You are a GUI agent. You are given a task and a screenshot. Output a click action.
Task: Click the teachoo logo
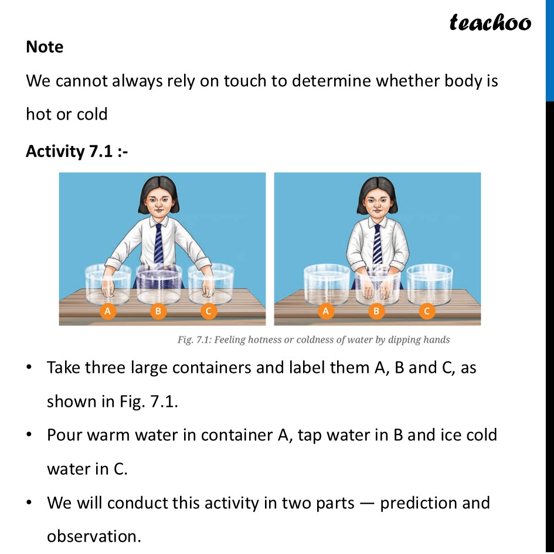point(490,23)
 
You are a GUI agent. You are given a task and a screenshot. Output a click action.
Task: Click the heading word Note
point(45,47)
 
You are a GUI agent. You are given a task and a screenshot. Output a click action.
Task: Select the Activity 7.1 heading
point(77,151)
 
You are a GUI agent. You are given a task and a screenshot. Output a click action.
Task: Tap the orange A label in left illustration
point(107,311)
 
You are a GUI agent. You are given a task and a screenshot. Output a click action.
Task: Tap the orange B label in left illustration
point(157,311)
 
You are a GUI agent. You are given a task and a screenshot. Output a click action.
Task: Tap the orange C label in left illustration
point(208,311)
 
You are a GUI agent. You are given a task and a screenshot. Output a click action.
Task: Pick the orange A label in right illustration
point(326,311)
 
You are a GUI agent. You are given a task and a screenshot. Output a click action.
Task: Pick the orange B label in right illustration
point(377,311)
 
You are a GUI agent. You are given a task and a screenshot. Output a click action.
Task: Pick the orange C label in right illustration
point(427,311)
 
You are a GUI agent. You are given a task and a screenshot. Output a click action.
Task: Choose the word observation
point(93,536)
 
